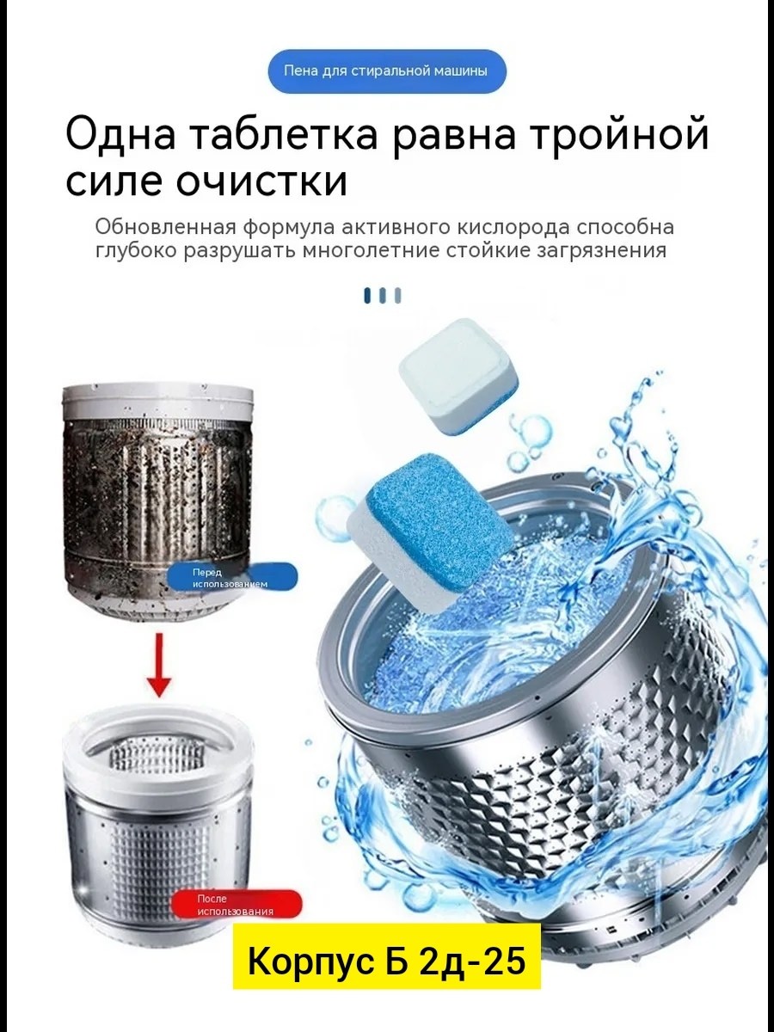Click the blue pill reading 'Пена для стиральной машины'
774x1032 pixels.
pos(387,71)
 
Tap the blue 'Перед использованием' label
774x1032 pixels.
pos(232,578)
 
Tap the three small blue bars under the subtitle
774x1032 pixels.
pos(383,295)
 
